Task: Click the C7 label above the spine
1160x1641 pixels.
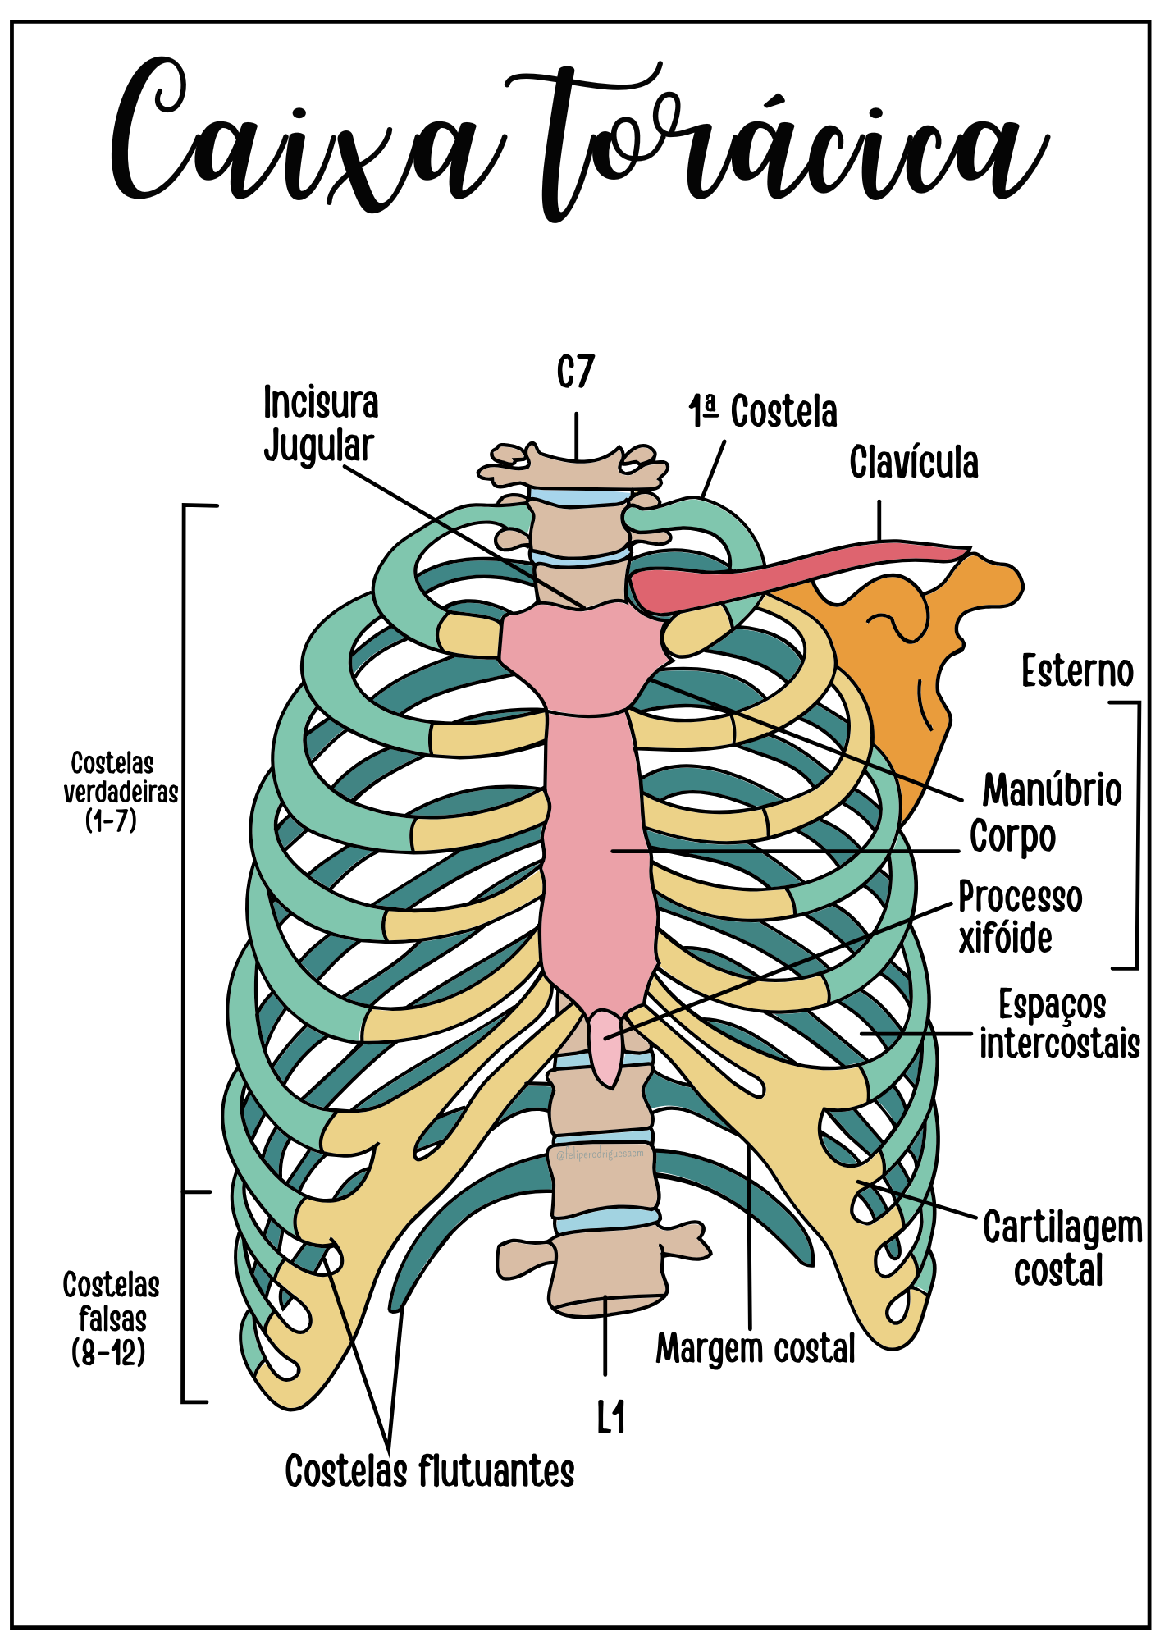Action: (575, 373)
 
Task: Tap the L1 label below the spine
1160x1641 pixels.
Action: (611, 1417)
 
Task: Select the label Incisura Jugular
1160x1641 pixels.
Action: (320, 424)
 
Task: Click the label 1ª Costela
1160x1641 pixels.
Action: (763, 412)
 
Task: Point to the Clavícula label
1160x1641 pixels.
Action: (913, 464)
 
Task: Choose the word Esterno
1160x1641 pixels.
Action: (1077, 672)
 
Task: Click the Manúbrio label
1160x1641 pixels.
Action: (1052, 791)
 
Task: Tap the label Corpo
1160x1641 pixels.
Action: (1012, 838)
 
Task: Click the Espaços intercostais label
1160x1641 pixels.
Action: (1058, 1026)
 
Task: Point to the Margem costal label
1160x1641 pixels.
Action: (756, 1349)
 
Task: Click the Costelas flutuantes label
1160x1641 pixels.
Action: (429, 1471)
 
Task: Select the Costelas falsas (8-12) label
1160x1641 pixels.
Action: (111, 1319)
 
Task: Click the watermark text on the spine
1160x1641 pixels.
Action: (601, 1154)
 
